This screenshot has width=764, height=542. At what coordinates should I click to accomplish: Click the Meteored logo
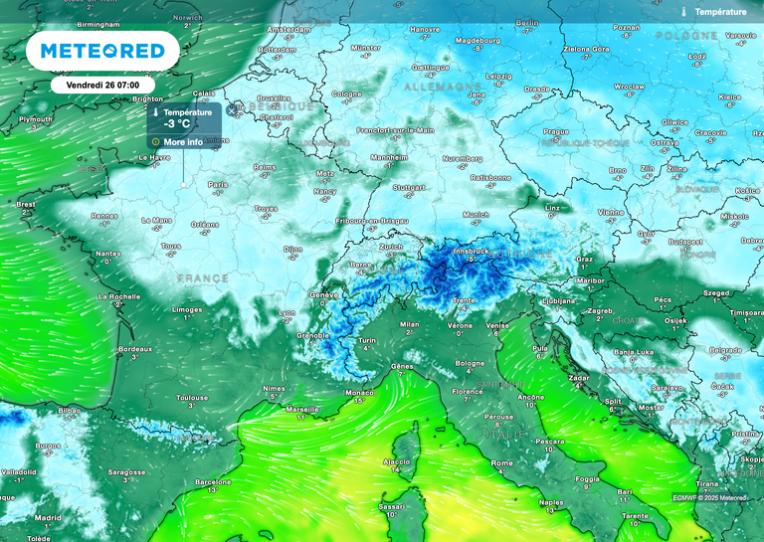(x=102, y=50)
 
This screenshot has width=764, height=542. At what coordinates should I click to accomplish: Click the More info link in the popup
(x=183, y=142)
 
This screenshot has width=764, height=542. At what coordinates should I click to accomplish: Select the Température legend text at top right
(x=720, y=12)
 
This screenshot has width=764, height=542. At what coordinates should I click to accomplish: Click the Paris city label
(x=218, y=184)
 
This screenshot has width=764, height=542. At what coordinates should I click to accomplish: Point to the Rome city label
(x=501, y=462)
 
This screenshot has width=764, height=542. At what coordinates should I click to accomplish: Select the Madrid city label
(x=48, y=517)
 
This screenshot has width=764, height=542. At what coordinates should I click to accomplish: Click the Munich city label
(x=476, y=214)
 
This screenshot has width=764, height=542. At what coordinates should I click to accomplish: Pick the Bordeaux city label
(x=134, y=349)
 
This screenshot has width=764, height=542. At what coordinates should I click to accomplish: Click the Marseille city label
(x=301, y=409)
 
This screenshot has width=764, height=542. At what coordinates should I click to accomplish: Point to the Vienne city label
(x=610, y=212)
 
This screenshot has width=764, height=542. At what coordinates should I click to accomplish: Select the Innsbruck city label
(x=472, y=251)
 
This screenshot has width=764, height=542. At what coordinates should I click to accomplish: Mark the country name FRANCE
(x=202, y=279)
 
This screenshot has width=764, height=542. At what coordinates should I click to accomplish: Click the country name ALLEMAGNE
(x=442, y=88)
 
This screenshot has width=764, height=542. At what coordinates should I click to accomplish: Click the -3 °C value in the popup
(x=177, y=124)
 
